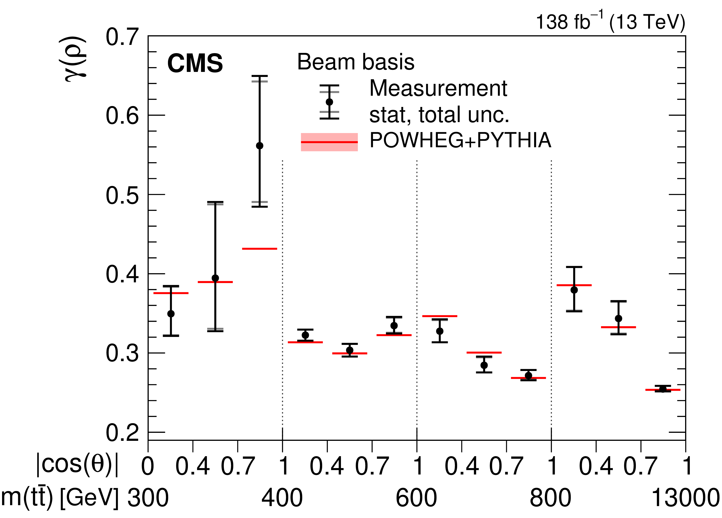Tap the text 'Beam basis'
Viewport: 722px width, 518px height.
coord(356,62)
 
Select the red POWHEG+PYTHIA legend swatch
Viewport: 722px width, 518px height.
coord(329,142)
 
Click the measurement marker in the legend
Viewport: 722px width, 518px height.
coord(329,102)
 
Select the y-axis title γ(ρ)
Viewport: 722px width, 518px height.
coord(74,59)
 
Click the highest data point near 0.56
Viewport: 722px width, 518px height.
coord(259,146)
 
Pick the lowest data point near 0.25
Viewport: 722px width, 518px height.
coord(662,389)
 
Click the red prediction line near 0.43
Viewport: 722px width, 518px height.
coord(259,248)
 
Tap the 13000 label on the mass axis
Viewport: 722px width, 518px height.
coord(685,498)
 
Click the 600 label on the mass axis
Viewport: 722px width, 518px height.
coord(416,498)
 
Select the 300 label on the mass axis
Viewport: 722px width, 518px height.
coord(148,498)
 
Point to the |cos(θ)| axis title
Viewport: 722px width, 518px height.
coord(77,465)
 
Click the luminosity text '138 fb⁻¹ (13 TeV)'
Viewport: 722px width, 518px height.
coord(610,22)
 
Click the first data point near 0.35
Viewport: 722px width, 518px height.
coord(171,314)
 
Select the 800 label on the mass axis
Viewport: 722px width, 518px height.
coord(550,498)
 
